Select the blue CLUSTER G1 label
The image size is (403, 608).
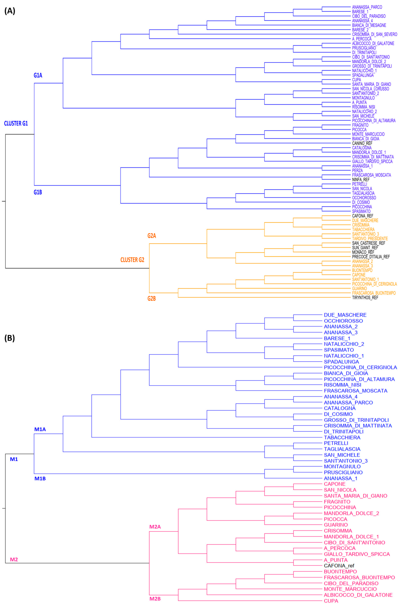[x=16, y=123]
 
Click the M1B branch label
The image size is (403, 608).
[x=40, y=478]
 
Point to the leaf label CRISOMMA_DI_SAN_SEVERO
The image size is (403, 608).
[x=374, y=34]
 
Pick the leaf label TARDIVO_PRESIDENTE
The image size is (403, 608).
[x=370, y=239]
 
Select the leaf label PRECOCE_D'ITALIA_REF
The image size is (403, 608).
[x=371, y=257]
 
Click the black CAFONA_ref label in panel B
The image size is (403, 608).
[x=339, y=566]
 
